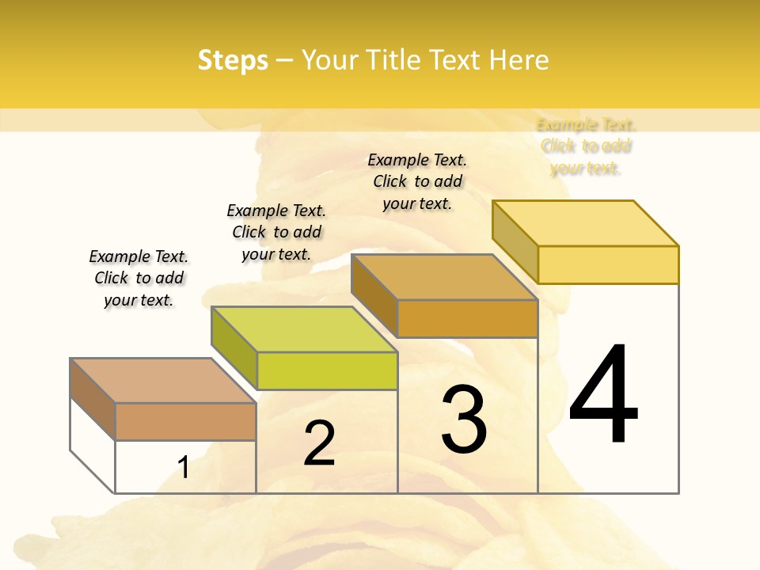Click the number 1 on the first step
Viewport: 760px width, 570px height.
pyautogui.click(x=184, y=467)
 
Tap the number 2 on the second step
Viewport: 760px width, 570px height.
pyautogui.click(x=319, y=443)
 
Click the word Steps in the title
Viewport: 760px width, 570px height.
pyautogui.click(x=233, y=60)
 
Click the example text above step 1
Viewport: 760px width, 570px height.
pyautogui.click(x=139, y=278)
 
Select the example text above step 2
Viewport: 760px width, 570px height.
pyautogui.click(x=276, y=232)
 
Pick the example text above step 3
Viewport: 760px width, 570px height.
pyautogui.click(x=417, y=181)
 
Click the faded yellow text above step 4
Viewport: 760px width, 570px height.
pyautogui.click(x=586, y=146)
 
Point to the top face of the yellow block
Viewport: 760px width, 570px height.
pyautogui.click(x=586, y=223)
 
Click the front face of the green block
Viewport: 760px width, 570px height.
pyautogui.click(x=327, y=370)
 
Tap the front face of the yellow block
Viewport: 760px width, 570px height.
pyautogui.click(x=608, y=264)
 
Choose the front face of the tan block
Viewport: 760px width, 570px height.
pyautogui.click(x=185, y=421)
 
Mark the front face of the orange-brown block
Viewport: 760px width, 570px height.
pyautogui.click(x=467, y=318)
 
